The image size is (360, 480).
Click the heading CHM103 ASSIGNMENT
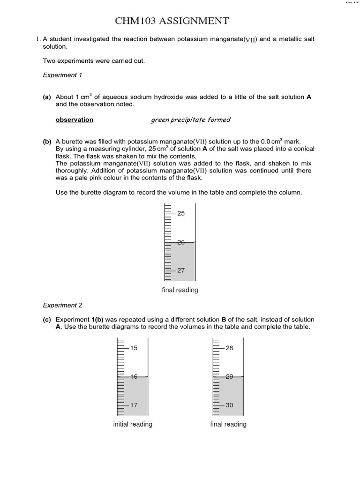172,21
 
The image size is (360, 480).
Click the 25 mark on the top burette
181,213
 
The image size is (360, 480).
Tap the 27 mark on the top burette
181,270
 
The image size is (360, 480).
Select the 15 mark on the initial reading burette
134,348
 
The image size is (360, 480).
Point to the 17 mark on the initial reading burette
134,405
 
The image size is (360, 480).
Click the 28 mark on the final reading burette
229,348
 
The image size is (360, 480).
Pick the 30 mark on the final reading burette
229,405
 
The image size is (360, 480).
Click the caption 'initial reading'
133,424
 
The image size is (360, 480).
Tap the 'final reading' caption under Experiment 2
228,424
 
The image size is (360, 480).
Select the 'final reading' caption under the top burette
180,290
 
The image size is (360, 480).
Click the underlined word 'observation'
74,120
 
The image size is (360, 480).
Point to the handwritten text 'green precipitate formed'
190,120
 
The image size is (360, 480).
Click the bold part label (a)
47,97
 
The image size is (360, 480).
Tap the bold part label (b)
47,141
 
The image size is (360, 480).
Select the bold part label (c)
47,320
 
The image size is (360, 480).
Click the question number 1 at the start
38,39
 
